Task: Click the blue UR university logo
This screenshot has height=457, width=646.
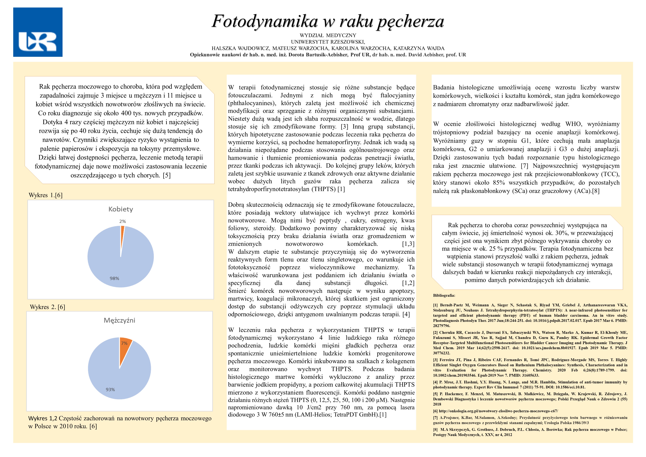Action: (38, 32)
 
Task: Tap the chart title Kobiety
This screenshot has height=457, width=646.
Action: (121, 209)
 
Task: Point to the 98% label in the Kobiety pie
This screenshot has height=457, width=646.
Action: (114, 278)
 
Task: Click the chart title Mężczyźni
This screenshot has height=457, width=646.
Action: (120, 320)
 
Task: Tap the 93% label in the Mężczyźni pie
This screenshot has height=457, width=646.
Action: (110, 389)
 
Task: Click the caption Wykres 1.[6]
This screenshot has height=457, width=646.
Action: (46, 195)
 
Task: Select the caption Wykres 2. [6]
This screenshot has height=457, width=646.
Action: (47, 307)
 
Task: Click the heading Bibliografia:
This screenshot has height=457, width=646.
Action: (444, 295)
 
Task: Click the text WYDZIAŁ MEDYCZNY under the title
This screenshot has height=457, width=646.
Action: (328, 36)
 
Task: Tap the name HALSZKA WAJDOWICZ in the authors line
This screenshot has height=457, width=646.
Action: (241, 48)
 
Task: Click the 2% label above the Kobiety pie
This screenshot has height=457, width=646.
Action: (122, 222)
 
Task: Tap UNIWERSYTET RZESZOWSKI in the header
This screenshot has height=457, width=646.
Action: (328, 42)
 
